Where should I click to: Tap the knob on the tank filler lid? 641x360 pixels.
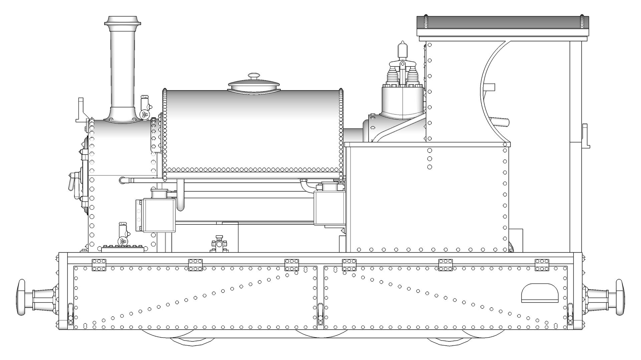click(254, 76)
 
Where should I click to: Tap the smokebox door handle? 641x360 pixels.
click(71, 182)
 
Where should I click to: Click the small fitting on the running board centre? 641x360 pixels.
click(219, 244)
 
